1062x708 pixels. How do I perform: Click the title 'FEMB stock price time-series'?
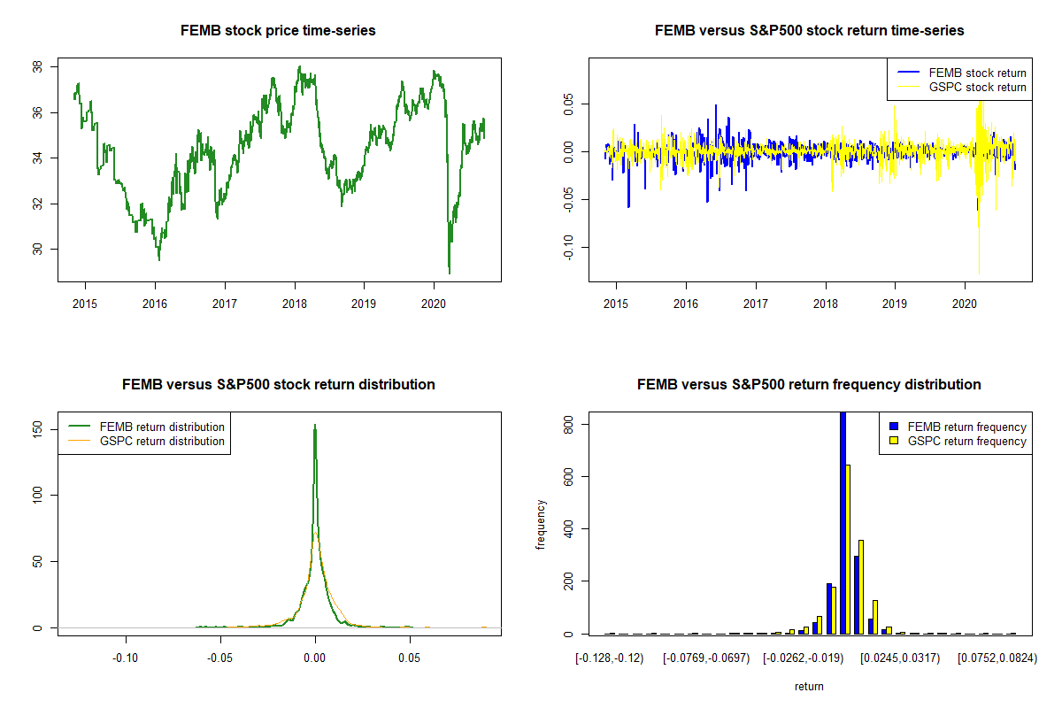(x=278, y=31)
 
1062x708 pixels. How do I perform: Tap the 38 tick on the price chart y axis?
(x=37, y=67)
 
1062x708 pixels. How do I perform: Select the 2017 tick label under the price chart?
(x=225, y=304)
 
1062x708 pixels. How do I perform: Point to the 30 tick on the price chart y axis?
(x=37, y=249)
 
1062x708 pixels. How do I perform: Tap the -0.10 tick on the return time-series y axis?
(x=568, y=248)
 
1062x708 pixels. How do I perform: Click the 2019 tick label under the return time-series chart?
(x=895, y=304)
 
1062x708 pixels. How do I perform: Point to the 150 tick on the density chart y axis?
(x=37, y=429)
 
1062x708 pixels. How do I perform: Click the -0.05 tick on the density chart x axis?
(x=220, y=658)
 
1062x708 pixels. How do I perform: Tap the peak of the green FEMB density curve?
(x=315, y=425)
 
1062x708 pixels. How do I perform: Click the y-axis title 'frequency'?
(x=540, y=525)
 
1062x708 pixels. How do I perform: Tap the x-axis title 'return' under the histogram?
(x=809, y=687)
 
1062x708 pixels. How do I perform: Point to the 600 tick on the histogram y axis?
(x=568, y=477)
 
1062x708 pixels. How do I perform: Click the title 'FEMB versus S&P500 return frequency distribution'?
(x=809, y=385)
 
